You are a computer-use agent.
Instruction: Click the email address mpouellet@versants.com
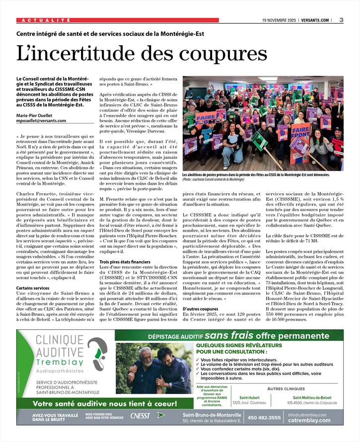tap(41, 120)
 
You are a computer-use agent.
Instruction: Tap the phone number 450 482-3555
tap(264, 418)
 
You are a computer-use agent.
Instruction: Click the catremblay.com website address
tap(309, 421)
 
